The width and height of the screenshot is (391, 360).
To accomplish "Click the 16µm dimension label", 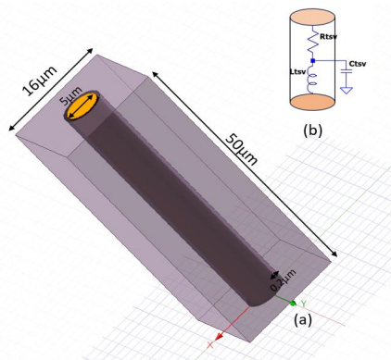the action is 40,81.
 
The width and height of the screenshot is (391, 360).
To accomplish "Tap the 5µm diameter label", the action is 71,95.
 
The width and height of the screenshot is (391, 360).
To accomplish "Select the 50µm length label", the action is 241,150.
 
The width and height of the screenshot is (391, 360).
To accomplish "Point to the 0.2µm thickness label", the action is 284,280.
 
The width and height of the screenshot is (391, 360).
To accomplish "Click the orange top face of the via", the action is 82,106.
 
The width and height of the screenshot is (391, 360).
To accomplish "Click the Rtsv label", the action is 329,37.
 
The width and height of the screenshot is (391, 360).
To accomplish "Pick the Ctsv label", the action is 358,64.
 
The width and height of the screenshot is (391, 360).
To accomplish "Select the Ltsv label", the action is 298,72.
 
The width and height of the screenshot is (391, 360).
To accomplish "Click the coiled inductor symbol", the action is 311,82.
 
